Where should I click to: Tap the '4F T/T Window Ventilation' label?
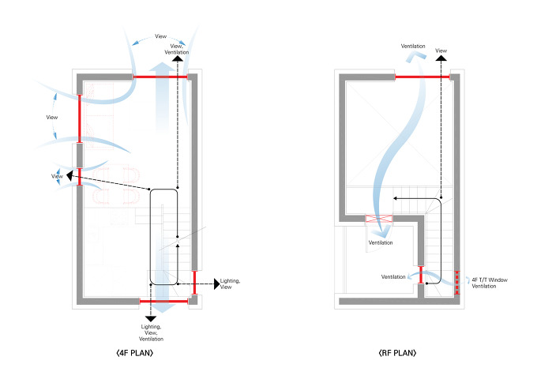coord(484,283)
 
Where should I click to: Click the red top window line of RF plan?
coord(422,77)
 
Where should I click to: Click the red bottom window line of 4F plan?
coord(163,301)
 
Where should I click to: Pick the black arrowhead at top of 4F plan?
coord(178,58)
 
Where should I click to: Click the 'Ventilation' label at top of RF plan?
coord(414,47)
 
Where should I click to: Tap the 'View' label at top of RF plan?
coord(441,51)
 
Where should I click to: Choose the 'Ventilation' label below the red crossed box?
coord(381,243)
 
